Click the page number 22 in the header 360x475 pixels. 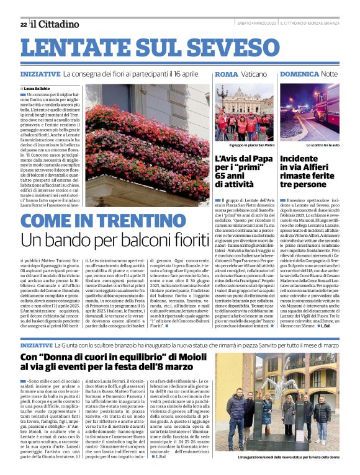23,24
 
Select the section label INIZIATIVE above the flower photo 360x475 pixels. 40,74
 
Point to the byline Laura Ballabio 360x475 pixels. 40,89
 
